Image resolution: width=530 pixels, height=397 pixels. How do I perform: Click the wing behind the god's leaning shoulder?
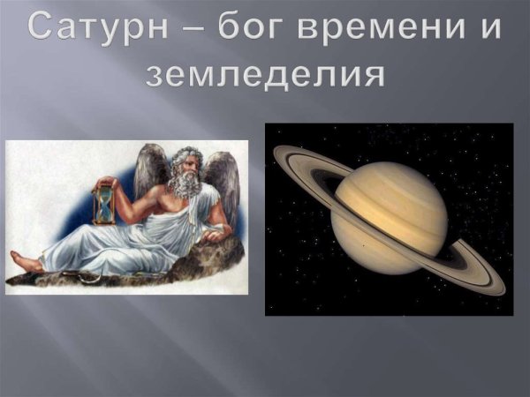[221, 181]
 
